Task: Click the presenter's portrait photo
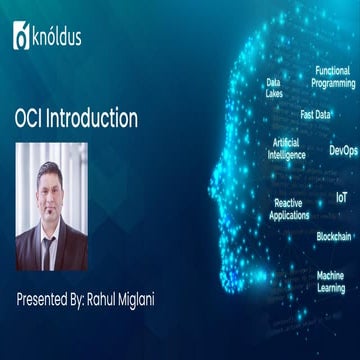[51, 206]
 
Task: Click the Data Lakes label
[273, 88]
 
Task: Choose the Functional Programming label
[333, 77]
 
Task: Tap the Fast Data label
[315, 114]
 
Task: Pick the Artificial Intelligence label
[286, 149]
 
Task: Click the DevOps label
[342, 150]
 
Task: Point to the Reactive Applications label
[289, 209]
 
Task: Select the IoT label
[342, 198]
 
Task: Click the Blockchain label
[333, 236]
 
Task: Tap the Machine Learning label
[330, 281]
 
